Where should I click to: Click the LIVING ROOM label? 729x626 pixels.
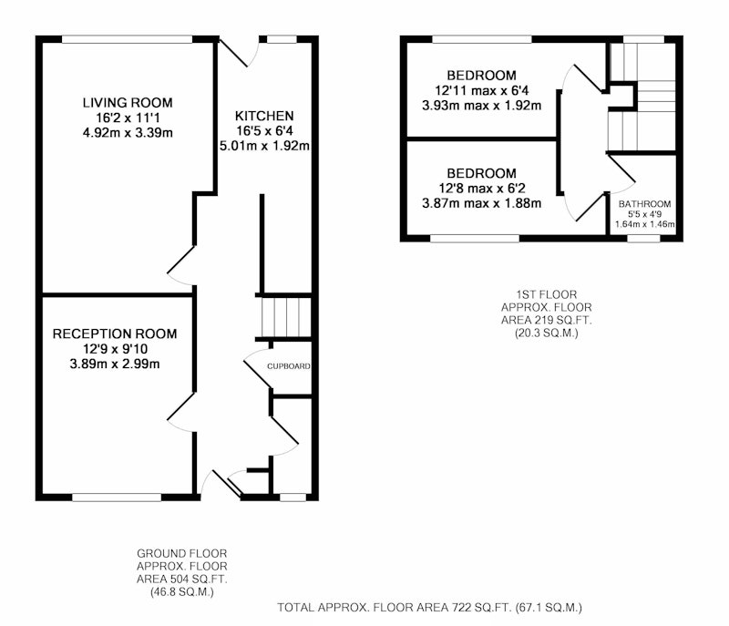point(128,103)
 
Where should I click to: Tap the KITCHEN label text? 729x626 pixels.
point(264,116)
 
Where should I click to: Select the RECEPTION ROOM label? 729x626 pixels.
point(115,334)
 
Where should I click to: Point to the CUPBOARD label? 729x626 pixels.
point(288,366)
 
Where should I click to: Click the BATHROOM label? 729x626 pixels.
point(644,204)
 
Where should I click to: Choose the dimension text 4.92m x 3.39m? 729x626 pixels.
point(128,133)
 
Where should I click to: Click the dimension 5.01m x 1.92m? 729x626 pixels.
point(264,146)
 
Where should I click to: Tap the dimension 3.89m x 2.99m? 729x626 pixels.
point(115,364)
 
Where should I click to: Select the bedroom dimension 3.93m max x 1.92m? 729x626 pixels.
point(482,106)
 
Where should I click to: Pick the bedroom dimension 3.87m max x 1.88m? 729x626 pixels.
point(482,203)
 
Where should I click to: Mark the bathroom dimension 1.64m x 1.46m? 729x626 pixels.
point(645,224)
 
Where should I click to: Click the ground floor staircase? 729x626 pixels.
point(286,317)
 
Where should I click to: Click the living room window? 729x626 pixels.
point(127,39)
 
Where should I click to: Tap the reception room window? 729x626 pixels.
point(117,498)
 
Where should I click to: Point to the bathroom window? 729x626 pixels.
point(643,239)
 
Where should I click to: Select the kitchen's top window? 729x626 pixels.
point(282,39)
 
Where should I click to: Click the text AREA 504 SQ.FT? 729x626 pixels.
point(181,580)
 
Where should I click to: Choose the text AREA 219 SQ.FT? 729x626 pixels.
point(546,320)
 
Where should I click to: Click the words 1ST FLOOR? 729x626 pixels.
point(546,294)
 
